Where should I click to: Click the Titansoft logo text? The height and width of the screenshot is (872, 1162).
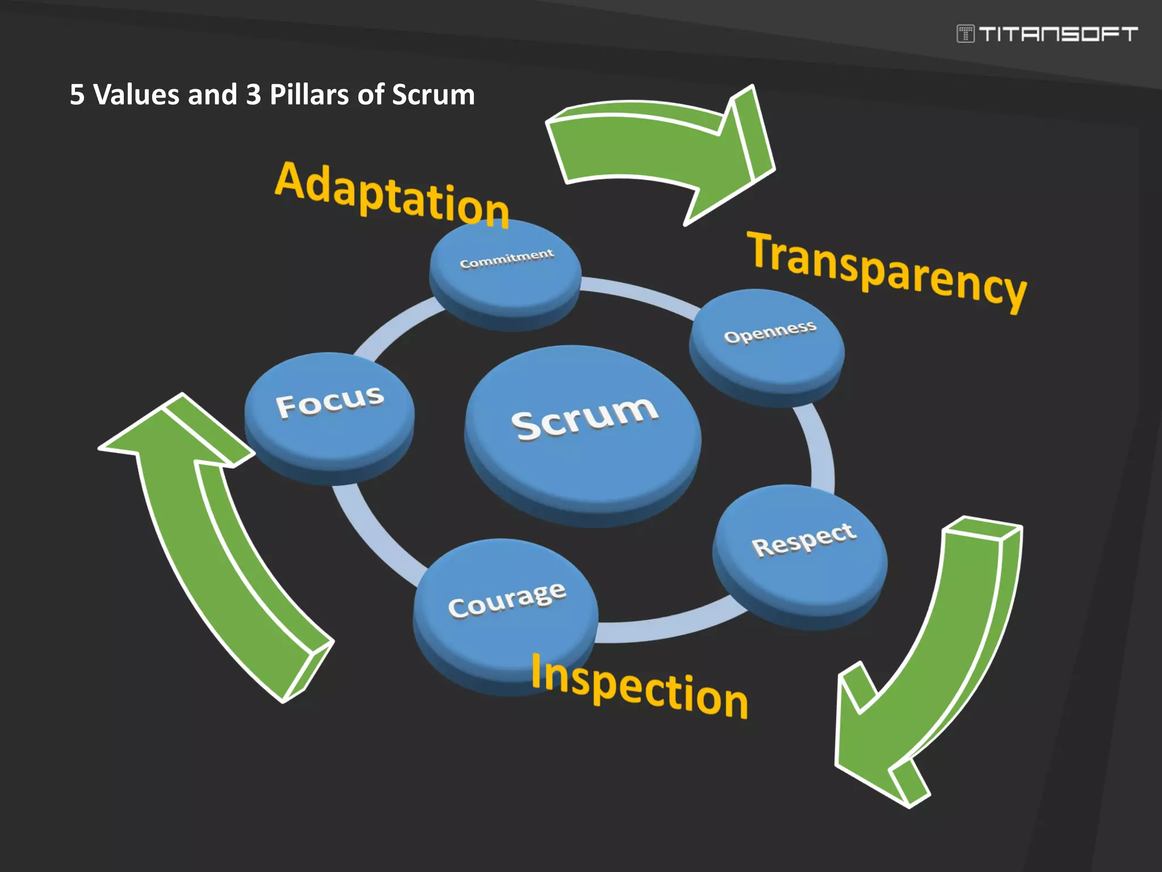tap(1058, 34)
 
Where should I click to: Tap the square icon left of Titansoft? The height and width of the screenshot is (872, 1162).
tap(965, 34)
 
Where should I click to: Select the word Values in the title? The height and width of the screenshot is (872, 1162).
tap(136, 94)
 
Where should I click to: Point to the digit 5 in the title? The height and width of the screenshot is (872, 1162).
tap(77, 94)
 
